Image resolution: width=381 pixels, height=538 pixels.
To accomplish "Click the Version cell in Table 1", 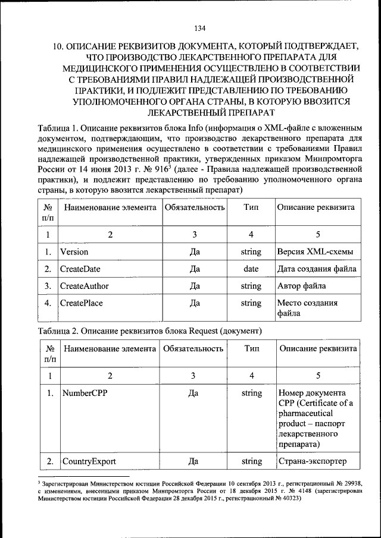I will [74, 251].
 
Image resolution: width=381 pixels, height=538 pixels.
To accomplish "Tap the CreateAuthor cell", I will [85, 286].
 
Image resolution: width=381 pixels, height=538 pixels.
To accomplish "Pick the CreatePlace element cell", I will [82, 303].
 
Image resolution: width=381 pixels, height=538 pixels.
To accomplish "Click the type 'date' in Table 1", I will [251, 269].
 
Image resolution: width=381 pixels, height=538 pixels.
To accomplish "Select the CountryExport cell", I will [89, 461].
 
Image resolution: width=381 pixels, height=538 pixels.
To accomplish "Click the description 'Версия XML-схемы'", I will [315, 251].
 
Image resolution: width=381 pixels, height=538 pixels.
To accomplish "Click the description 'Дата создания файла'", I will [317, 269].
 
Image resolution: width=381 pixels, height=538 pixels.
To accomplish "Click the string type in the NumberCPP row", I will [252, 393].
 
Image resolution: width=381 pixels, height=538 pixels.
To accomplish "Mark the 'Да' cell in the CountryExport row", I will [193, 461].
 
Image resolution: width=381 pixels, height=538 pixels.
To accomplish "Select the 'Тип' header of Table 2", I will [252, 348].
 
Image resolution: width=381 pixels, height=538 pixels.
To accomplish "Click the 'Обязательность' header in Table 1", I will [194, 207].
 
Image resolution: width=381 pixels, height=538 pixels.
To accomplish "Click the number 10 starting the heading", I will [58, 46].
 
